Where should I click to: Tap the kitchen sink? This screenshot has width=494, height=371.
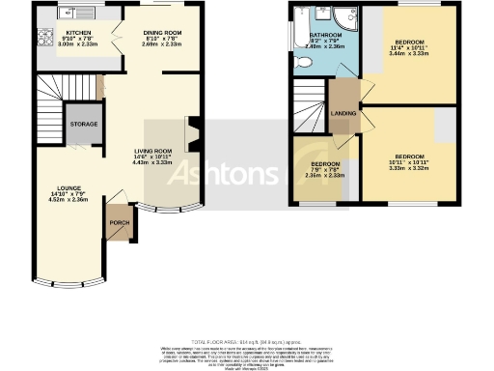[x=69, y=13]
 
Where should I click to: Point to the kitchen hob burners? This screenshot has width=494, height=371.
[x=43, y=39]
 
